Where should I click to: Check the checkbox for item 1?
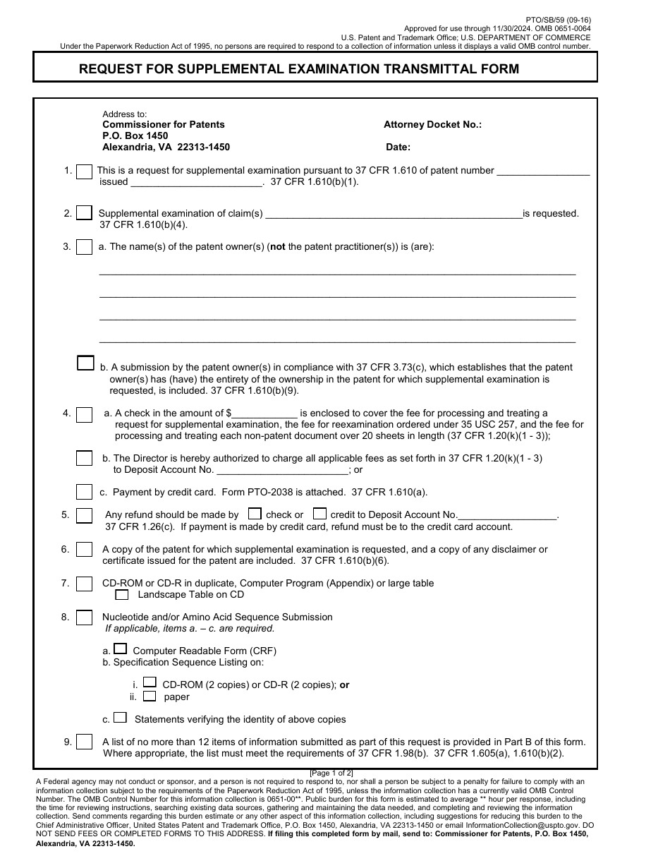(x=84, y=171)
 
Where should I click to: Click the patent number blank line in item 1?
(x=543, y=171)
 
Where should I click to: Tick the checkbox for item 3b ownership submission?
(x=85, y=363)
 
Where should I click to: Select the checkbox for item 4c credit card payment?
(x=84, y=492)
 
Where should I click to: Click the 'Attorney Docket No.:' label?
(x=432, y=124)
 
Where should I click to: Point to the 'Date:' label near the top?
(x=398, y=147)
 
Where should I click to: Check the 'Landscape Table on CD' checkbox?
(x=122, y=595)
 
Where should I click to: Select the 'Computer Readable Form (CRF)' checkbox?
(x=121, y=649)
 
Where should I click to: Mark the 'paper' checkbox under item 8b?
(x=150, y=696)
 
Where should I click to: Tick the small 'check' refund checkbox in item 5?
(x=255, y=514)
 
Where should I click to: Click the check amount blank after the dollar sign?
(x=264, y=414)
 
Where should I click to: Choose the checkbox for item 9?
(x=84, y=742)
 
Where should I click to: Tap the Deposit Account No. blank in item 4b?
(x=282, y=470)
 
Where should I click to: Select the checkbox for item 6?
(x=84, y=549)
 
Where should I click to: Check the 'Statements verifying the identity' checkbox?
(x=121, y=718)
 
